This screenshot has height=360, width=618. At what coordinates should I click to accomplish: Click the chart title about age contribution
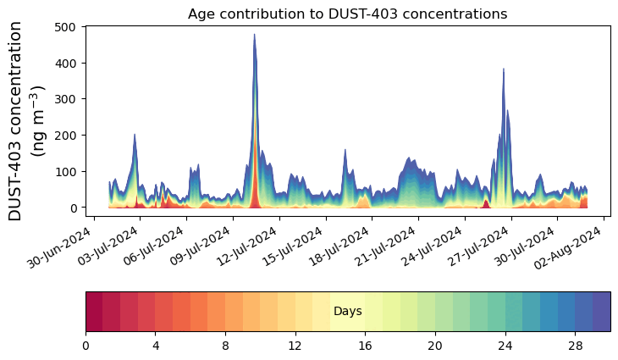(347, 14)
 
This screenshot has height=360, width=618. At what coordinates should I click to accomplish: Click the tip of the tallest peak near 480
(254, 35)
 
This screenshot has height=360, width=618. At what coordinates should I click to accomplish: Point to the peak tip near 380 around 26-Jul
(504, 69)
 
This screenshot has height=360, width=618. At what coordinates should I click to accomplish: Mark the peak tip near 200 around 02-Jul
(135, 135)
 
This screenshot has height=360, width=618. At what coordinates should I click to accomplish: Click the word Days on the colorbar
(348, 312)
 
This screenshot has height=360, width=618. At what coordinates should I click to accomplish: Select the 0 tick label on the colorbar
(86, 346)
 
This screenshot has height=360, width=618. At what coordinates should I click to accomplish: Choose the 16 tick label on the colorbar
(366, 346)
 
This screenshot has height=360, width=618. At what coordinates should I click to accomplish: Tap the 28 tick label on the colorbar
(576, 346)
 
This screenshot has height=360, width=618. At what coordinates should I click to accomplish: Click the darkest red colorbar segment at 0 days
(94, 312)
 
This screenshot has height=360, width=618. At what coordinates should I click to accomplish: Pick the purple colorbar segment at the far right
(602, 312)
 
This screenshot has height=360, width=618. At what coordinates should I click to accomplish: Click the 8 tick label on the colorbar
(225, 346)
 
